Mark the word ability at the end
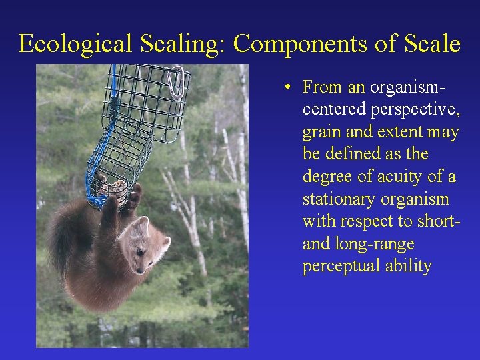point(409,266)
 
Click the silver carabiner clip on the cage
point(177,83)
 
